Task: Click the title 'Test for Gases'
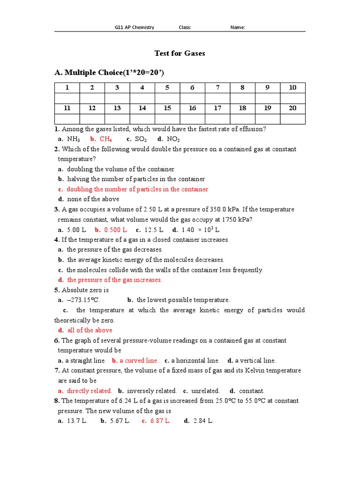coord(180,53)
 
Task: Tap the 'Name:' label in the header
coord(238,27)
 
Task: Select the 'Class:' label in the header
coord(185,27)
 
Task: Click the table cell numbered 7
coord(217,88)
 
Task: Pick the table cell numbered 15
coord(167,108)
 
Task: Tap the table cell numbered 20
coord(292,108)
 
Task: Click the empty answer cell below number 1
coord(67,98)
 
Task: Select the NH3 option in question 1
coord(74,139)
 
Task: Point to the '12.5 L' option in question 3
coord(154,230)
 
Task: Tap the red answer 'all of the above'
coord(90,330)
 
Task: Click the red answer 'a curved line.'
coord(139,360)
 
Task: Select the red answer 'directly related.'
coord(89,390)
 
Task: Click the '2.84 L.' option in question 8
coord(203,421)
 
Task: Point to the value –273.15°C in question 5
coord(83,300)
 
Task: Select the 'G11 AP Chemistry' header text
coord(135,27)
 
